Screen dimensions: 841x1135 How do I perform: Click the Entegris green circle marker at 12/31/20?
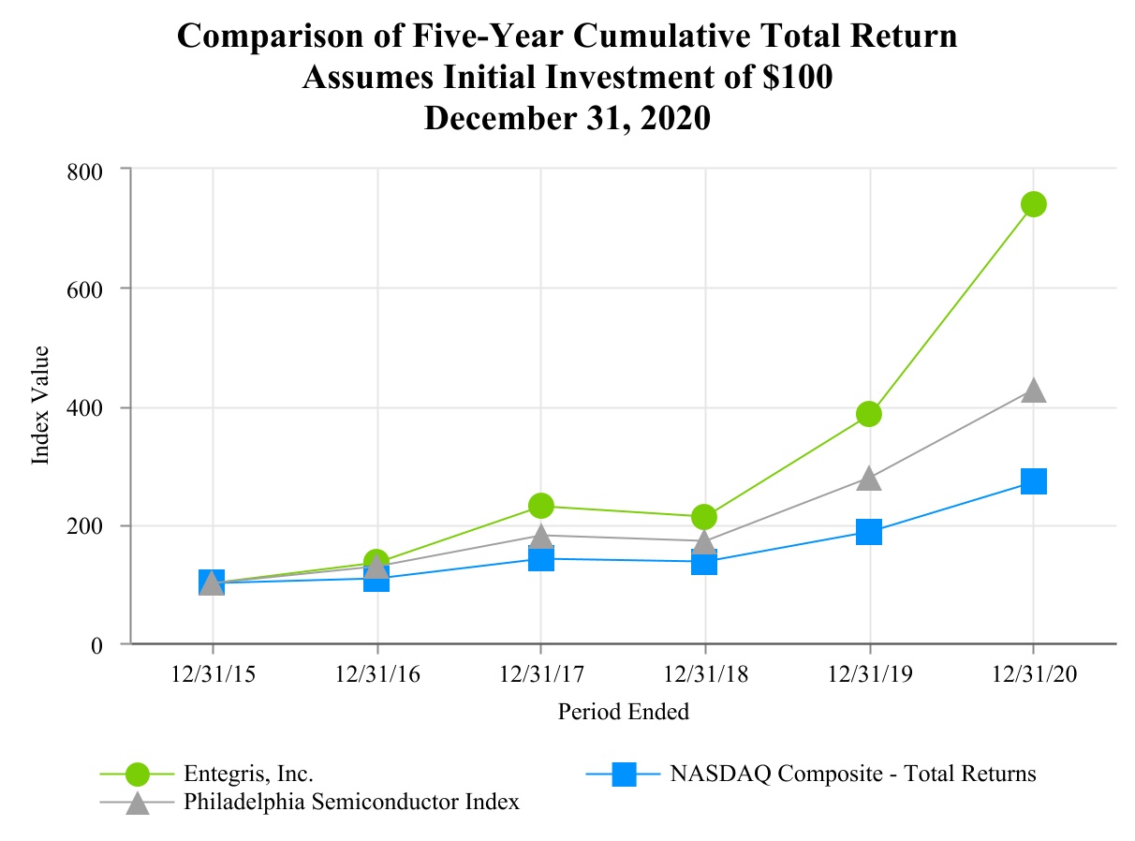(x=1033, y=204)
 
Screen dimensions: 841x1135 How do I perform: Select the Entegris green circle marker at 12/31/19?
(x=869, y=414)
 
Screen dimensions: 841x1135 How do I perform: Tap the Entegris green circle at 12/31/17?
(x=541, y=506)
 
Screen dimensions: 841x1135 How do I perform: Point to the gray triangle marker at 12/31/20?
(x=1033, y=391)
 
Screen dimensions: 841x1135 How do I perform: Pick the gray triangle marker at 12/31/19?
(x=869, y=479)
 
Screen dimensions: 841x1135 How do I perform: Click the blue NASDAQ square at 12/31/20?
(x=1033, y=481)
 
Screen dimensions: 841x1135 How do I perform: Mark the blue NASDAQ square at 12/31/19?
(x=869, y=532)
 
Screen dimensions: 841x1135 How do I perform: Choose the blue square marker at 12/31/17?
(x=541, y=559)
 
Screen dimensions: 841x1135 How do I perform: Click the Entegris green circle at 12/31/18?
(x=704, y=517)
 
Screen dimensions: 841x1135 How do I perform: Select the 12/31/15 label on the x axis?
(x=213, y=674)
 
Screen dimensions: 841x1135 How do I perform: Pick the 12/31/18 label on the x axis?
(x=704, y=674)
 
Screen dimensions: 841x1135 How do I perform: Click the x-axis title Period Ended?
(x=623, y=712)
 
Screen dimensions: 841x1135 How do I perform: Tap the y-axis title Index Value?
(x=40, y=406)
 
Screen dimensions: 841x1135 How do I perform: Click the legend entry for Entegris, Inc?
(x=248, y=774)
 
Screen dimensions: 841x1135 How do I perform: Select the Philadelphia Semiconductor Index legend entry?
(x=351, y=803)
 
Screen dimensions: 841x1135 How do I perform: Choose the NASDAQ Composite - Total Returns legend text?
(x=852, y=774)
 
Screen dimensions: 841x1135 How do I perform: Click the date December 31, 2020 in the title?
(x=567, y=119)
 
